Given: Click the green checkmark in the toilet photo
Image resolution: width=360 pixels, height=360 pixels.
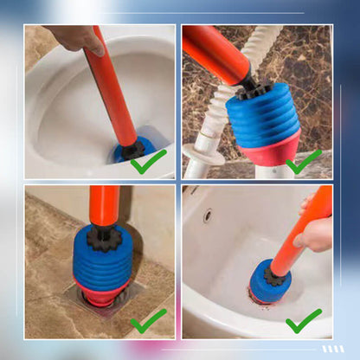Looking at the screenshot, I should pyautogui.click(x=148, y=160).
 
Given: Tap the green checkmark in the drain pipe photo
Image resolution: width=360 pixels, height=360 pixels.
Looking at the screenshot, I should pyautogui.click(x=304, y=162).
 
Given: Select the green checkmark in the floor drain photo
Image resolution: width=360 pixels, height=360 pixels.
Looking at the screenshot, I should pyautogui.click(x=148, y=322).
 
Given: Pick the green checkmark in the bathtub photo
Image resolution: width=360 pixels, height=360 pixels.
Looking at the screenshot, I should pyautogui.click(x=304, y=322).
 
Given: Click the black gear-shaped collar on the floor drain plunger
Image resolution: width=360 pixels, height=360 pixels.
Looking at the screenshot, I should pyautogui.click(x=103, y=238).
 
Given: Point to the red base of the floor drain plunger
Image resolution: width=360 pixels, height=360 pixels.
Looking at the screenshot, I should pyautogui.click(x=102, y=294).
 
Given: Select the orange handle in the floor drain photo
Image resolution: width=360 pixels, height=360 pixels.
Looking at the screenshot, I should pyautogui.click(x=103, y=206).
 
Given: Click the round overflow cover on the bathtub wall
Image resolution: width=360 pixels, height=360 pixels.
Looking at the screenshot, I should pyautogui.click(x=208, y=215).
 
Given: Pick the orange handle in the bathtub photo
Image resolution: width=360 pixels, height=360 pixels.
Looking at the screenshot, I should pyautogui.click(x=299, y=238).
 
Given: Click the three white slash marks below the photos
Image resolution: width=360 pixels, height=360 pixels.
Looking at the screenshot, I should pyautogui.click(x=332, y=349).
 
